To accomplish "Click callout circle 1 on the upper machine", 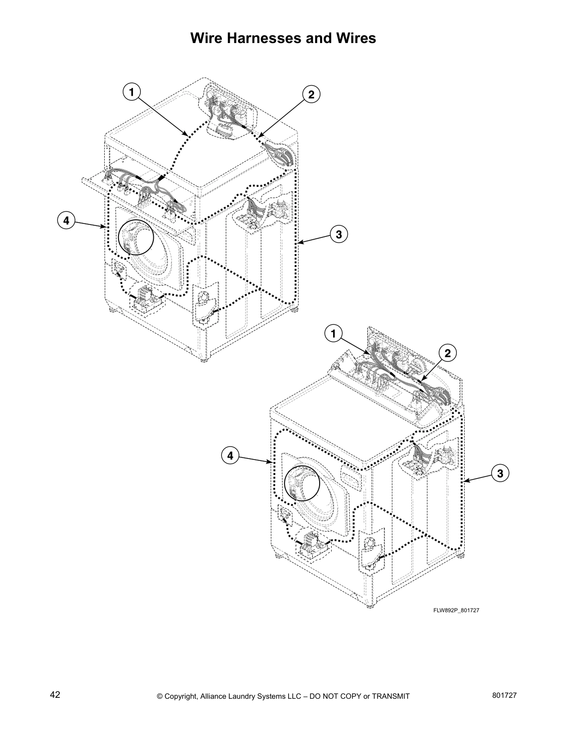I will [x=132, y=92].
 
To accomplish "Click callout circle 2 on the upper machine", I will [x=311, y=94].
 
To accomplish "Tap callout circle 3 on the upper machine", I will [x=339, y=234].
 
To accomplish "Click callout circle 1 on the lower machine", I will [x=333, y=333].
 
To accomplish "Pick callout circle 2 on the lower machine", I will [x=447, y=353].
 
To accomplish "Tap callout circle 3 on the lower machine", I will [x=500, y=473].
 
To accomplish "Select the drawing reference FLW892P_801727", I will [x=456, y=610].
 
